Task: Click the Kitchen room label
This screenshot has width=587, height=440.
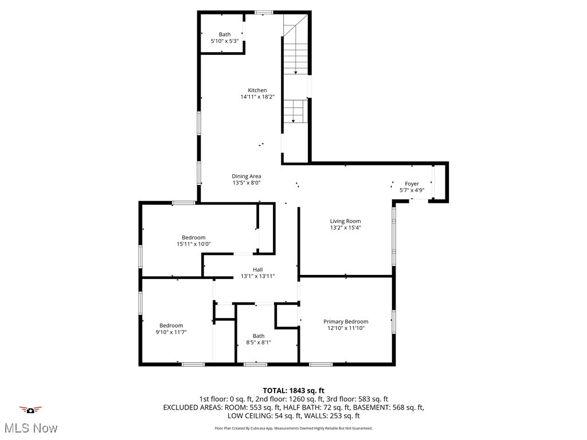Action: [257, 91]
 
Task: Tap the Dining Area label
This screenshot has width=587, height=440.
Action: [246, 176]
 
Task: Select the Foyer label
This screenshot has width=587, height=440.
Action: [412, 184]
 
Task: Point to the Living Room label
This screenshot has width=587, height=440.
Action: [345, 221]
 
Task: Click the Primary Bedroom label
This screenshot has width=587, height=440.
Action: [346, 322]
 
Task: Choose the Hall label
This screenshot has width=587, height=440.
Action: [258, 270]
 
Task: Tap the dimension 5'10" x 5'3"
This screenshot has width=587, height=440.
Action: [225, 41]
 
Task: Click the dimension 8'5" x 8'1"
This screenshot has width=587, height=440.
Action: [259, 343]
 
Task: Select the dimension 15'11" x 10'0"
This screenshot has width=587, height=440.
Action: [194, 244]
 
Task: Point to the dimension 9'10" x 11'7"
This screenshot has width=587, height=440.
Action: [171, 332]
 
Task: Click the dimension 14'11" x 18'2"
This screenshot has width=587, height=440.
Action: [257, 97]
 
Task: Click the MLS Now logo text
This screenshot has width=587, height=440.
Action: [30, 428]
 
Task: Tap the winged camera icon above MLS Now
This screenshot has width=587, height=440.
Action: [30, 410]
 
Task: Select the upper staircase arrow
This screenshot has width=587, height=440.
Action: [296, 72]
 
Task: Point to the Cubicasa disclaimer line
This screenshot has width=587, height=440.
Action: [293, 428]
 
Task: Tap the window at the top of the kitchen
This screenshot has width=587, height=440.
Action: [264, 12]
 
